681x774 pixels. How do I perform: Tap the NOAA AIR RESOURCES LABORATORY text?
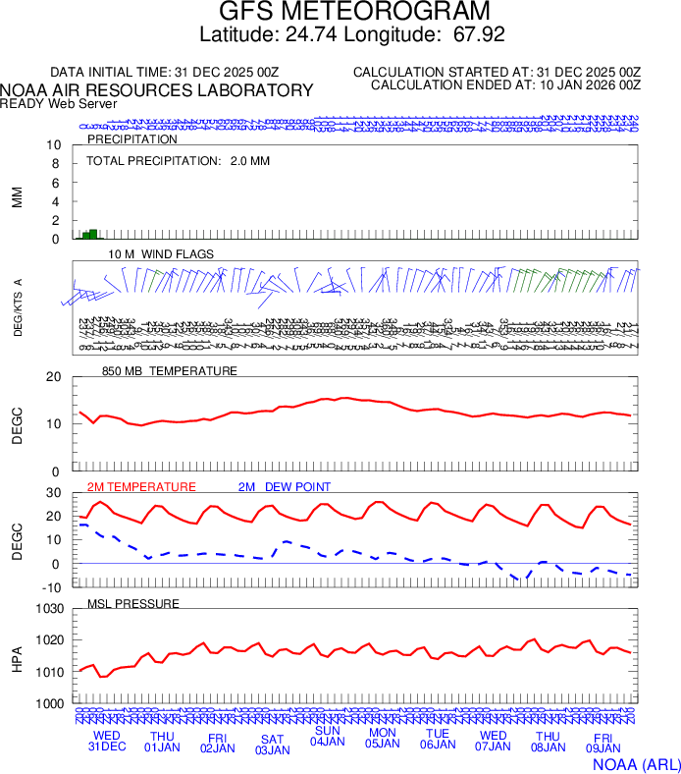157,90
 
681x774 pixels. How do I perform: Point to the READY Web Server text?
59,103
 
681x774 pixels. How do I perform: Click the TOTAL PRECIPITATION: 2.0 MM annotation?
178,160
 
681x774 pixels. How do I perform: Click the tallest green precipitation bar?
93,234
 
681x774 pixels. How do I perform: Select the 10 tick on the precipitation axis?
55,145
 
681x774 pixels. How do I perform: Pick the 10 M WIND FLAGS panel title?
161,254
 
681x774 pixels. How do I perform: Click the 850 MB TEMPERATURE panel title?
170,371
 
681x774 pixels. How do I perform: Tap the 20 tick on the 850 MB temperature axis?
55,377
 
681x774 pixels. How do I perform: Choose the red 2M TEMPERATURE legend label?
141,487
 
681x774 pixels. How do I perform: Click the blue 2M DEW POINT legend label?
285,487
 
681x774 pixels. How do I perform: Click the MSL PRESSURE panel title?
133,603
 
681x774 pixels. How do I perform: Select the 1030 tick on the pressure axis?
49,609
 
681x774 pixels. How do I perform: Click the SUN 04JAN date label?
328,736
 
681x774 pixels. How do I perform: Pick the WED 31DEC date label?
108,741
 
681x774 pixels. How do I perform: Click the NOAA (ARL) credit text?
637,763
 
